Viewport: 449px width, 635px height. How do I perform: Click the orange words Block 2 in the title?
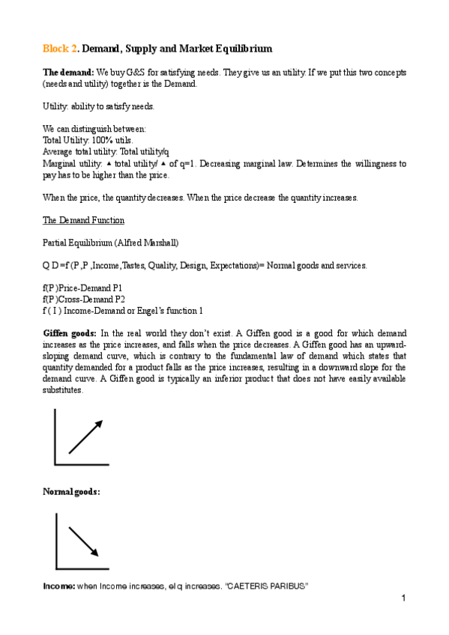tap(58, 49)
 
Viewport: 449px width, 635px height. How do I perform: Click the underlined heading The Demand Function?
tap(83, 220)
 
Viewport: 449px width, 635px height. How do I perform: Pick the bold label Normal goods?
tap(70, 491)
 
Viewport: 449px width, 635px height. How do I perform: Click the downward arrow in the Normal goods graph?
tap(85, 541)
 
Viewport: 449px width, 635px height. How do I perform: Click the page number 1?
tap(403, 598)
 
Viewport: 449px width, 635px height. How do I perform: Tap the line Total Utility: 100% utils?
tap(88, 139)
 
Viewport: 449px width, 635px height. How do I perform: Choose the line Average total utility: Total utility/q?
tap(106, 151)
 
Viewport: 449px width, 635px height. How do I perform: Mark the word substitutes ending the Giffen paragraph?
tap(63, 390)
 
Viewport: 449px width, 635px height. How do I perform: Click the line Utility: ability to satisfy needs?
tap(98, 106)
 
